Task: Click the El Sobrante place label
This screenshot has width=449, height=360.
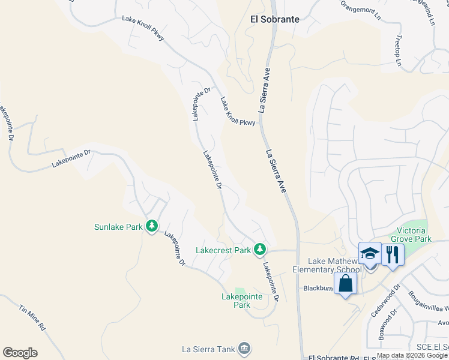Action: pos(274,19)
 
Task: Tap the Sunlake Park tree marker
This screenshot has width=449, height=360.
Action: pos(152,226)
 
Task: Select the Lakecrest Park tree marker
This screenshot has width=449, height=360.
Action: pos(259,248)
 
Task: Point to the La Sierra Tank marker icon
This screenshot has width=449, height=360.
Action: pos(244,348)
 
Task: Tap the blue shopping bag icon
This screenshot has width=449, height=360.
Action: pos(346,284)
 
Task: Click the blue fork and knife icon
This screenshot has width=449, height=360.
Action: pos(393,254)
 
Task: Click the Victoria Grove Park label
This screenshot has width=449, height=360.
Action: pos(414,235)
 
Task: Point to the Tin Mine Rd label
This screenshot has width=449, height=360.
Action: pos(32,318)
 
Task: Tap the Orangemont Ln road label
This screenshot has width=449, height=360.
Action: pos(361,11)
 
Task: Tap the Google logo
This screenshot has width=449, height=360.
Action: pos(20,353)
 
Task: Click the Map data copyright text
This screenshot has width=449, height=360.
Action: pos(412,355)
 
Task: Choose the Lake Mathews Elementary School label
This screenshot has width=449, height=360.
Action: pos(334,265)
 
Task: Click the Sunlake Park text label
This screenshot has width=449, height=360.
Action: pos(118,227)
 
